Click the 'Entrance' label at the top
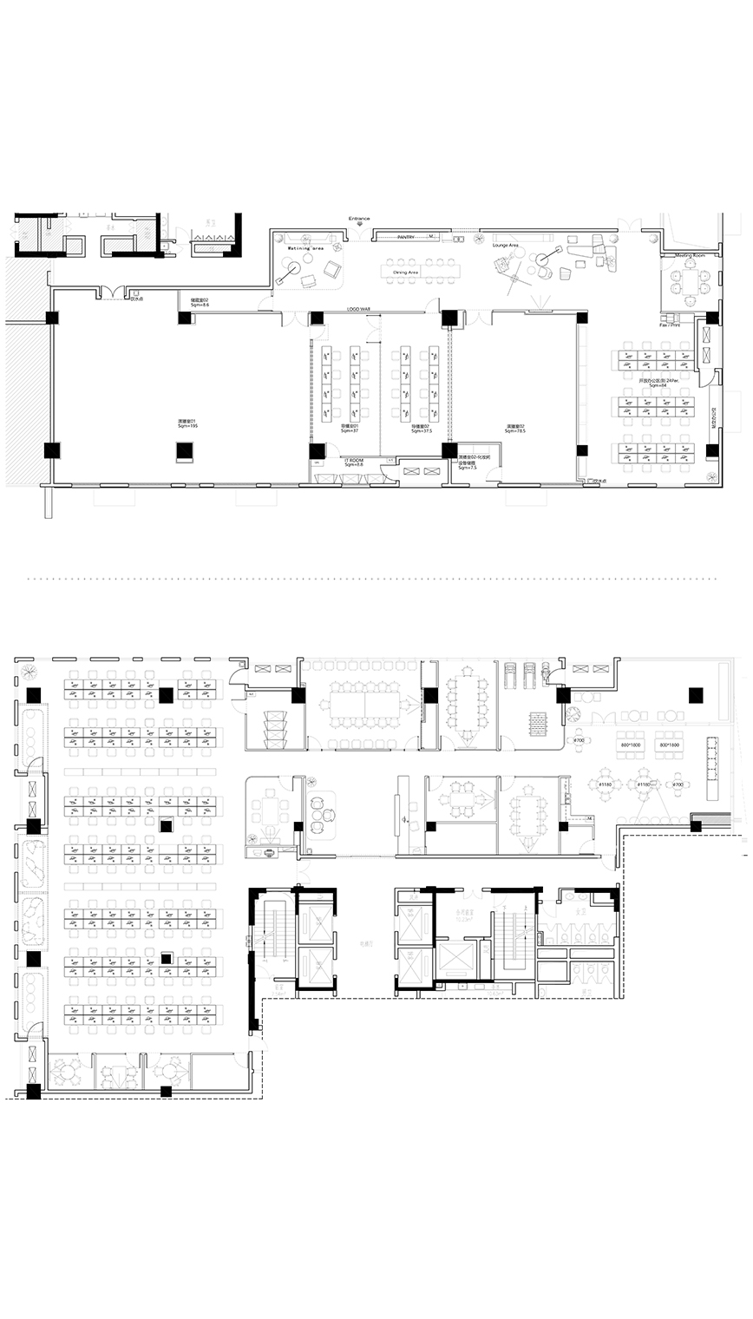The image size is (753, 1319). [359, 219]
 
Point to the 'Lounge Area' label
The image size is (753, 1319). [506, 246]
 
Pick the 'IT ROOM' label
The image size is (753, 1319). [352, 460]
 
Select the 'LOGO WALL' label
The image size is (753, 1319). [359, 308]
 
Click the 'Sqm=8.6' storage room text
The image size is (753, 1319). [200, 305]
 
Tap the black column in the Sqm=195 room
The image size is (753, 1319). [184, 450]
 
